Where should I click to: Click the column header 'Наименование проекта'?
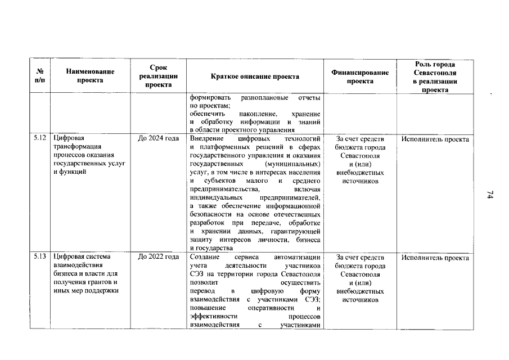90,76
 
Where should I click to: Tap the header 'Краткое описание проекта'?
255,76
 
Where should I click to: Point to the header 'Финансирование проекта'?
360,76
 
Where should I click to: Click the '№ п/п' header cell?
40,76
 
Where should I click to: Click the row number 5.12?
39,138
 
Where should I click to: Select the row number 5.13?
39,257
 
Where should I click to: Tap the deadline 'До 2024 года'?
159,138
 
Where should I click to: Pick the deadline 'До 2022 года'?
159,257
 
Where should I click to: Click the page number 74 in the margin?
489,195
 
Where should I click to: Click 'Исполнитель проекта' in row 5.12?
435,138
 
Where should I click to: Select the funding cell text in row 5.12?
360,160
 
